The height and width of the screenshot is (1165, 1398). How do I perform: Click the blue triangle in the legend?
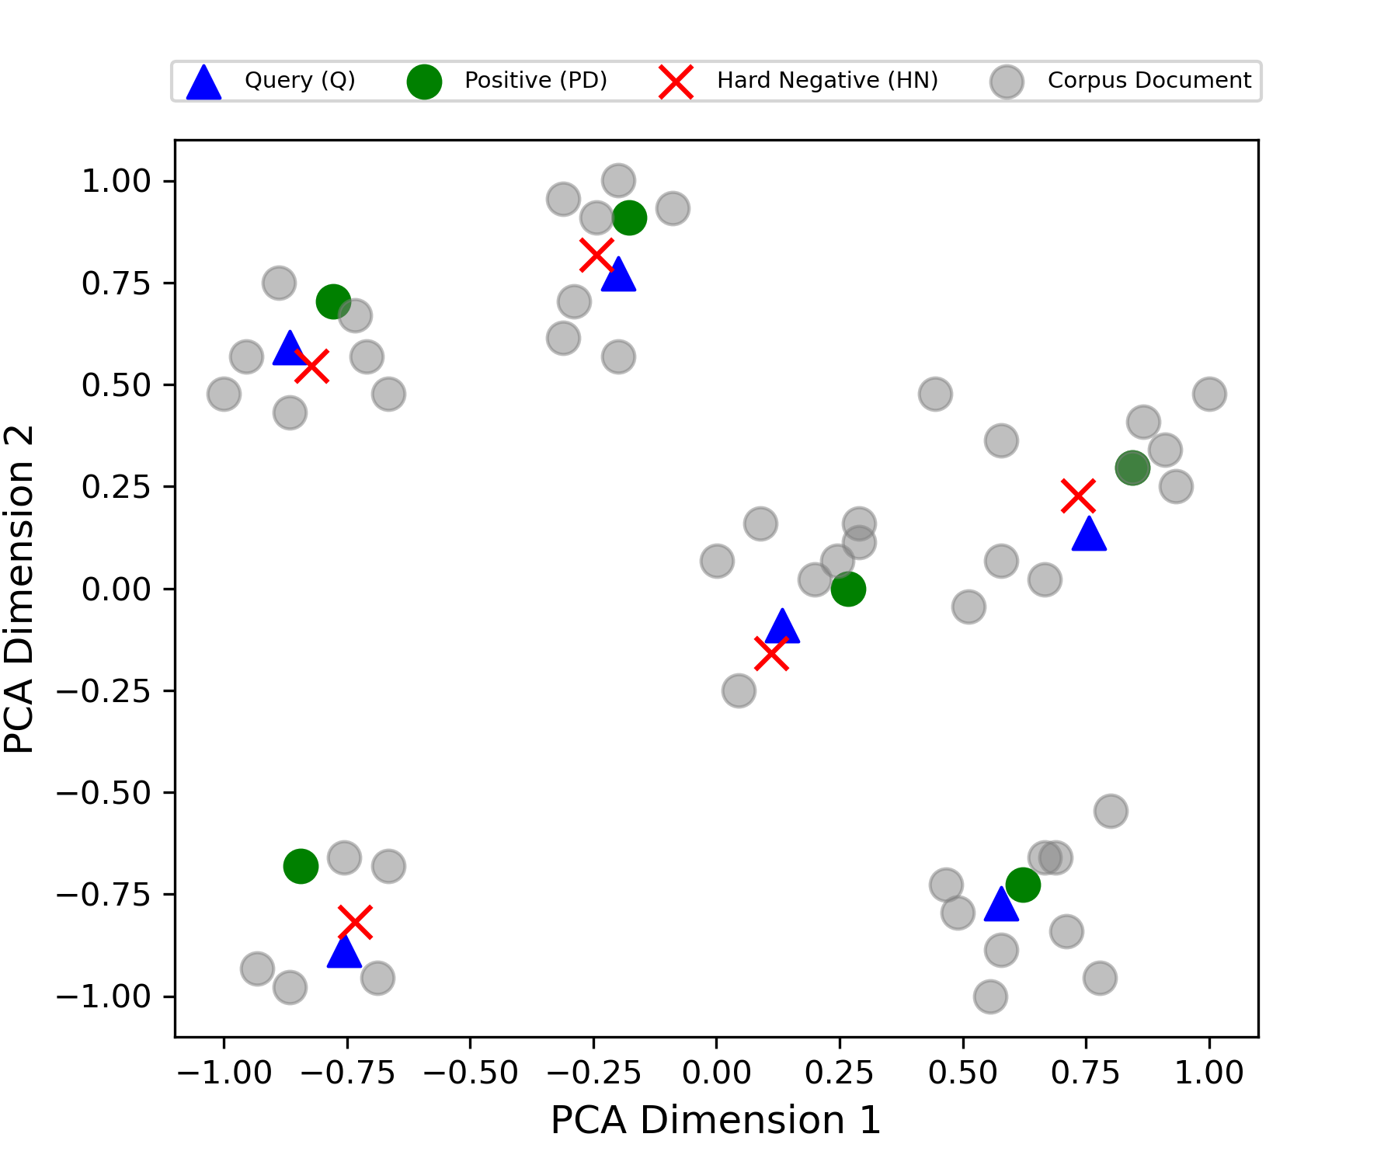[203, 82]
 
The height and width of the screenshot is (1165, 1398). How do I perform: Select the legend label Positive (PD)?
[536, 80]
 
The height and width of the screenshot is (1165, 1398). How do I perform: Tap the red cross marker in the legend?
[676, 82]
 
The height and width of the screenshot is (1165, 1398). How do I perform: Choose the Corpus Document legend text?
[1149, 80]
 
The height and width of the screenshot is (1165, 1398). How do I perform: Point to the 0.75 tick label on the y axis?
[116, 283]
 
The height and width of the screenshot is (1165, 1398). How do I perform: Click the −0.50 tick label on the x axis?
[470, 1073]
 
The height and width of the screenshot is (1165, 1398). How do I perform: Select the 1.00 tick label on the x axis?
[1209, 1073]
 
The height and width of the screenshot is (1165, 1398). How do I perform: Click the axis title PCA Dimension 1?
[716, 1120]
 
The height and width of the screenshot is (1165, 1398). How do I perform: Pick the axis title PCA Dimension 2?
[19, 589]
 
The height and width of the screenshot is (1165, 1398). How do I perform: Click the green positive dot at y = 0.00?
[848, 589]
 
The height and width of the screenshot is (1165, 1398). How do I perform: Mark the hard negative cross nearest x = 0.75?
[1078, 496]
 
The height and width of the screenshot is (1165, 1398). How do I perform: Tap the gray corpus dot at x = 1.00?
[1209, 394]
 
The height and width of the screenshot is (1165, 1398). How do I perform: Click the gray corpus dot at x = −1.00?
[224, 394]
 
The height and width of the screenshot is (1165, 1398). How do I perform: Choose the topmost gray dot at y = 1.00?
[618, 180]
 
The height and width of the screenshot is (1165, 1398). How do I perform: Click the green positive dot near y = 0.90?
[629, 217]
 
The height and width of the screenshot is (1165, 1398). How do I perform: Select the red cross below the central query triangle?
[771, 653]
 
